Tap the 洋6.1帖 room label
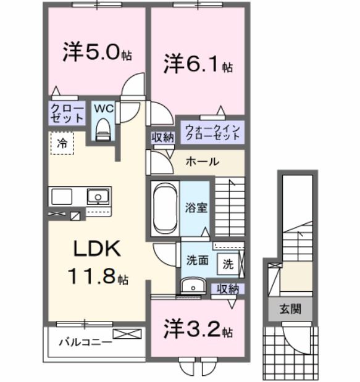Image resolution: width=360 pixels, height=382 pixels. pos(198,64)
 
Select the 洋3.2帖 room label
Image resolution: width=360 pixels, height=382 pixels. pos(198,330)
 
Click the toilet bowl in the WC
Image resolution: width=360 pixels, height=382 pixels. pos(103,130)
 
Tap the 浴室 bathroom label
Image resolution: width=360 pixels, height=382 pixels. pos(197,207)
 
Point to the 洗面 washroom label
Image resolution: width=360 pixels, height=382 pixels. pos(197,260)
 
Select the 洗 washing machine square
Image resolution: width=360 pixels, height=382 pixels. pos(228,264)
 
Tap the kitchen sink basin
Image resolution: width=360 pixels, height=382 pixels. pos(97,197)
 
